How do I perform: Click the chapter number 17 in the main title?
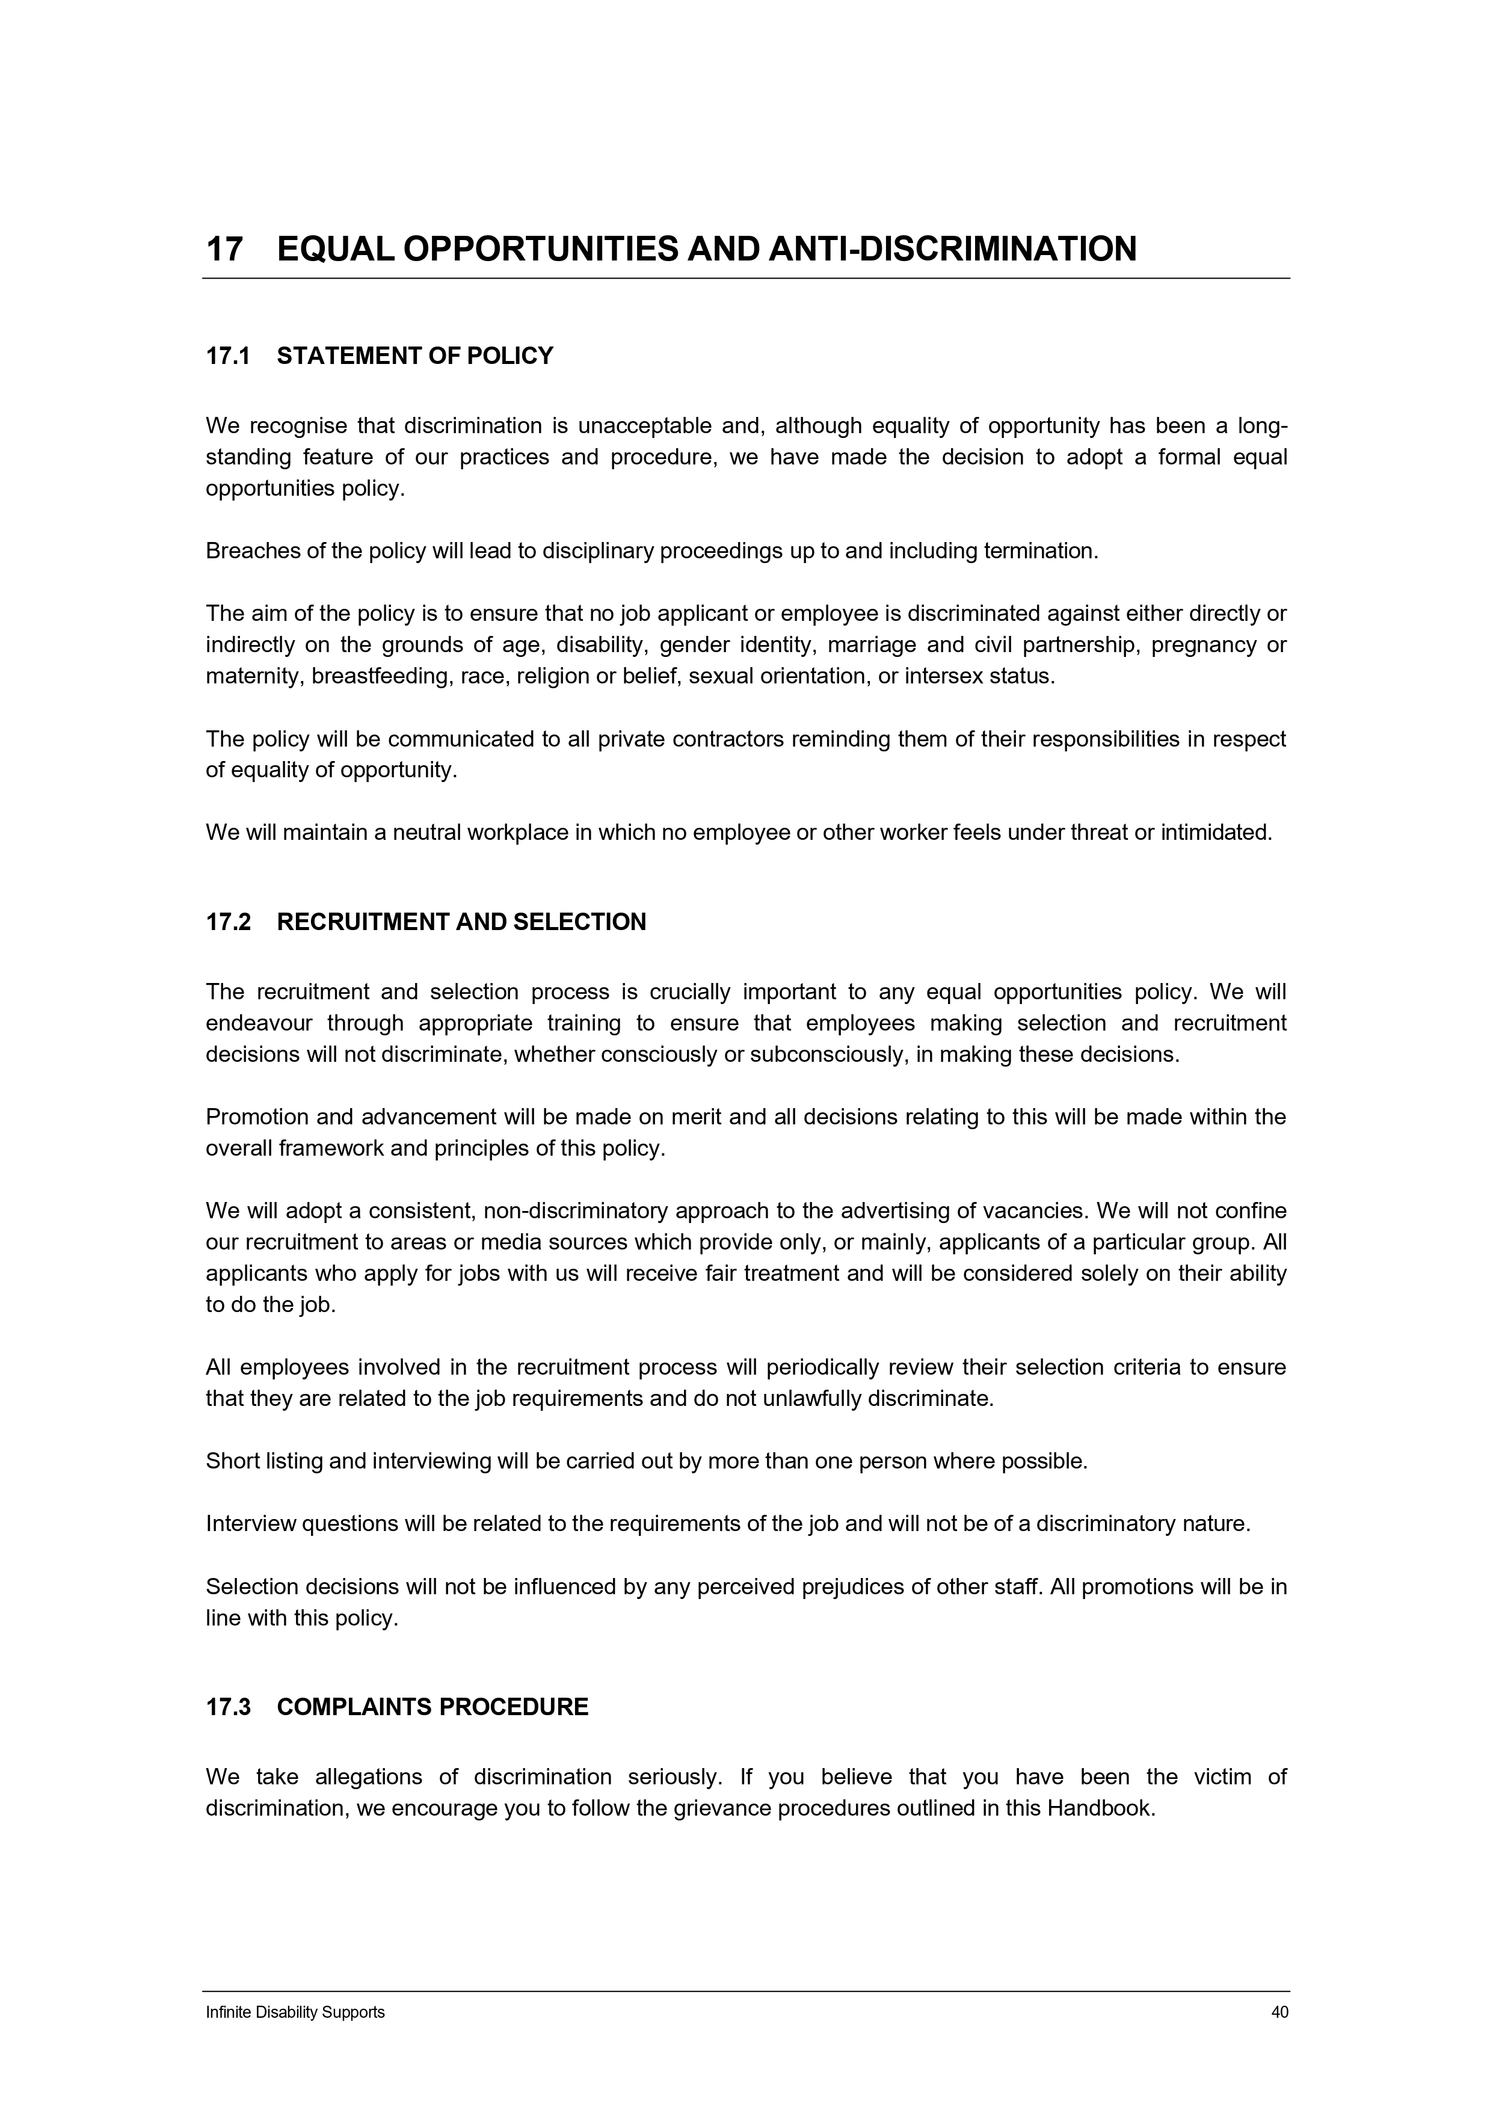(x=224, y=249)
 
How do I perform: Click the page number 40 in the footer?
(x=1279, y=2012)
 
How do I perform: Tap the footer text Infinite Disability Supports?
(x=295, y=2012)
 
